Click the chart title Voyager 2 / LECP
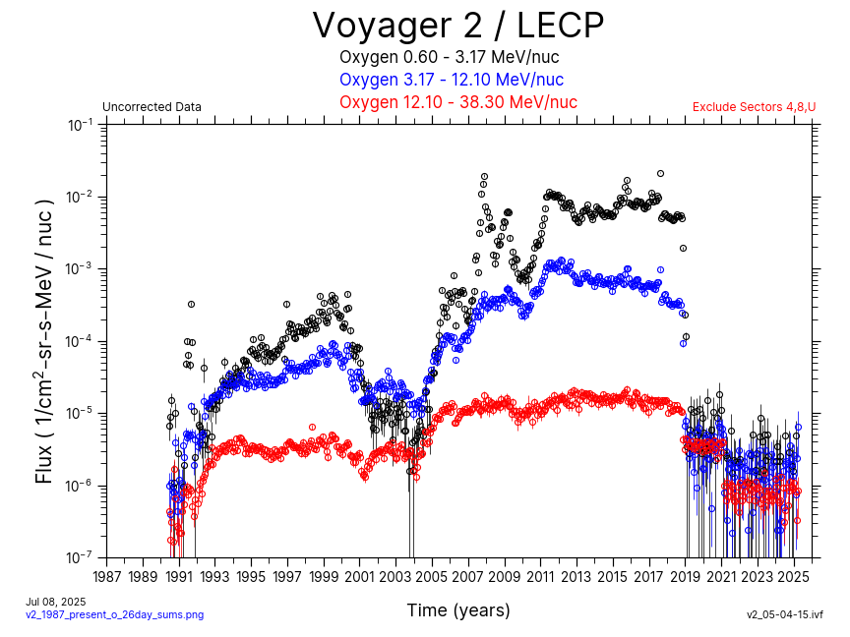(x=457, y=25)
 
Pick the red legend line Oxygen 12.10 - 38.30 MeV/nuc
(x=457, y=102)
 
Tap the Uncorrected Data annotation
(x=152, y=107)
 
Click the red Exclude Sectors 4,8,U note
(x=754, y=107)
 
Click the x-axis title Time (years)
(x=458, y=610)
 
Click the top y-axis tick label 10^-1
(x=80, y=125)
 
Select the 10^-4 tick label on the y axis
(x=80, y=341)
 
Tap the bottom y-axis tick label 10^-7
(x=80, y=557)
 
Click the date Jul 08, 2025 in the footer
(x=55, y=602)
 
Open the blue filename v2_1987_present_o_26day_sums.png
(x=114, y=615)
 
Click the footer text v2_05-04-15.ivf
(x=784, y=615)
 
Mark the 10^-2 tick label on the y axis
(x=80, y=197)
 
